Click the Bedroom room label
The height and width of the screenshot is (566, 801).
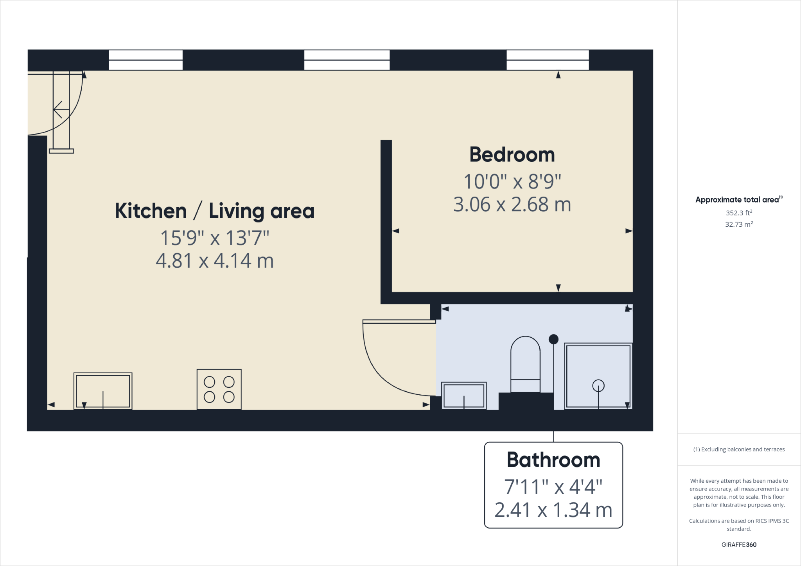[x=512, y=155]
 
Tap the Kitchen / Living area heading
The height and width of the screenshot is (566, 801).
[x=215, y=211]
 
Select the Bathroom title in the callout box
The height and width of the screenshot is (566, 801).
[x=553, y=460]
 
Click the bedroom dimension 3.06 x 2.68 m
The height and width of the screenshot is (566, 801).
[x=512, y=204]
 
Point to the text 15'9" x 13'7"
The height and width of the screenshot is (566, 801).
[x=215, y=238]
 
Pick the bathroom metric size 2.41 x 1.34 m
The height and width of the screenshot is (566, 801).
[x=553, y=510]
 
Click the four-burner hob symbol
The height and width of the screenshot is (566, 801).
[x=219, y=389]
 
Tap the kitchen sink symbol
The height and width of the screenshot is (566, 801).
[x=103, y=391]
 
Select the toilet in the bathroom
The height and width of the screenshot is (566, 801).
[x=525, y=364]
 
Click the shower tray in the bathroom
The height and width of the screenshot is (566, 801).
[x=598, y=376]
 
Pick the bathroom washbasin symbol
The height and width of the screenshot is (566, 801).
[x=464, y=396]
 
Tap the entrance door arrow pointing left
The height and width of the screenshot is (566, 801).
[x=59, y=110]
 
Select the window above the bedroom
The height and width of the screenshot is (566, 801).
[x=548, y=60]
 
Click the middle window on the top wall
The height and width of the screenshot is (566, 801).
[x=347, y=60]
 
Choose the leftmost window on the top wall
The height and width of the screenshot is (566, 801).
[x=145, y=60]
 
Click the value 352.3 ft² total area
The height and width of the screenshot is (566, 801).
[x=739, y=213]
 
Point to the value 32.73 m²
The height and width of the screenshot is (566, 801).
[x=739, y=224]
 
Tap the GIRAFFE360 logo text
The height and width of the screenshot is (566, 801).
[x=739, y=545]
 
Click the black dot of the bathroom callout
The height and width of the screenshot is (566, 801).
[x=553, y=339]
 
